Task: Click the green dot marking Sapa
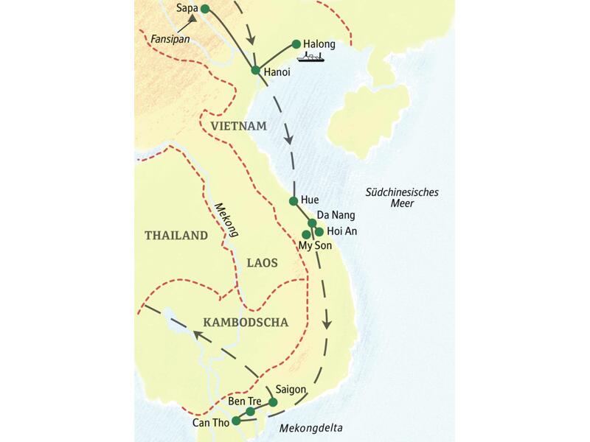[205, 9]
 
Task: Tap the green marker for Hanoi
[255, 71]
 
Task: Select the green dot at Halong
[296, 43]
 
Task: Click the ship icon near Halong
[310, 57]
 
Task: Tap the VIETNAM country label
[237, 127]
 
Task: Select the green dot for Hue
[294, 200]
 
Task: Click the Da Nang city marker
[312, 222]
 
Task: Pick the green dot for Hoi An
[319, 231]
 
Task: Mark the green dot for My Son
[306, 234]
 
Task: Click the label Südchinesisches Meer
[402, 198]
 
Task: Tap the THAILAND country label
[176, 236]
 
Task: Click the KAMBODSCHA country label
[245, 322]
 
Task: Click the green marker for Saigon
[273, 402]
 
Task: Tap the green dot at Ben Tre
[250, 411]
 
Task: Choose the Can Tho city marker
[235, 421]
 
